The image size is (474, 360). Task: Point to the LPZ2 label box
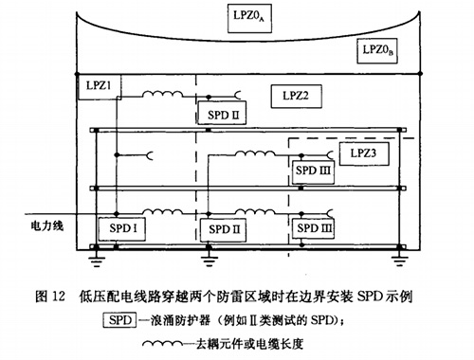(x=290, y=96)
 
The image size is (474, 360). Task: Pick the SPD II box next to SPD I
(x=219, y=229)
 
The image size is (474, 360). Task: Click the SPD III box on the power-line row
(x=313, y=229)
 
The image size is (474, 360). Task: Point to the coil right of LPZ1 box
(x=163, y=95)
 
